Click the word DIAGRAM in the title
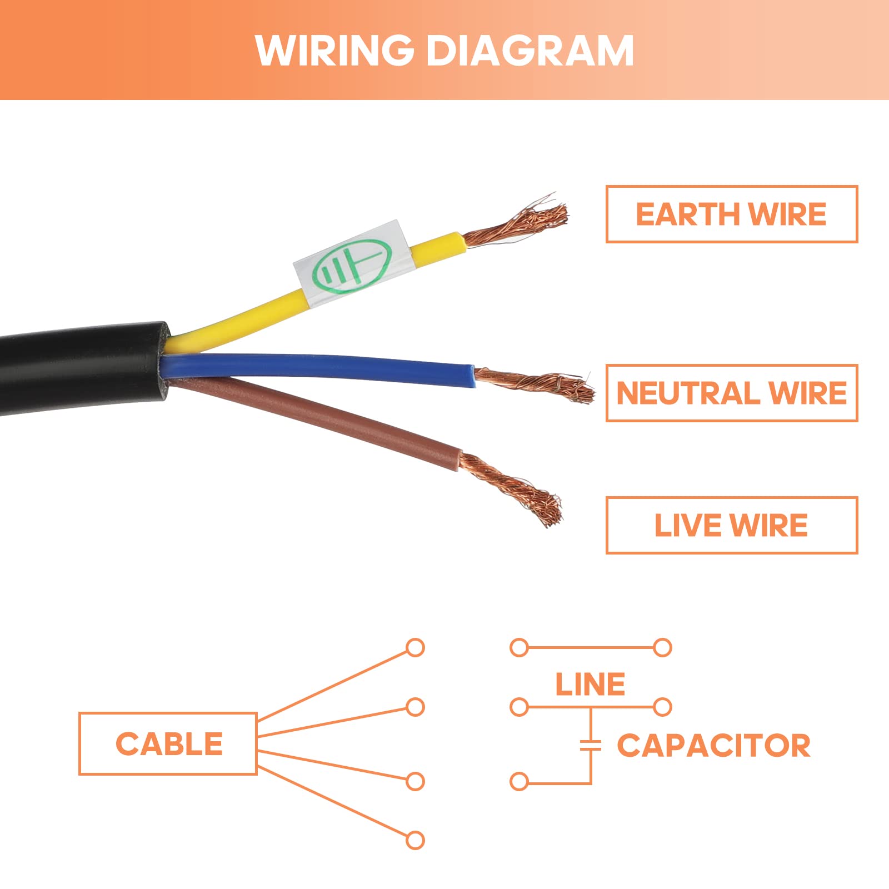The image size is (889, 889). tap(530, 51)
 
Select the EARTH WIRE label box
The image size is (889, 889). tap(732, 214)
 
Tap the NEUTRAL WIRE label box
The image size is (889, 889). tap(732, 393)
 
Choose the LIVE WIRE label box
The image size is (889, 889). tap(732, 526)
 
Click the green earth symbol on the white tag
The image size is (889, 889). tap(351, 266)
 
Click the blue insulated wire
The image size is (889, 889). tap(317, 368)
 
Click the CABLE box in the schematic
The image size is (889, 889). tap(168, 743)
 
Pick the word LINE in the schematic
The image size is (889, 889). tap(590, 684)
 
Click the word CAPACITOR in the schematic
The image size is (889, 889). tap(713, 745)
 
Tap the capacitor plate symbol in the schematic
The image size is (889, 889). tap(591, 746)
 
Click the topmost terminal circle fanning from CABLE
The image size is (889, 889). tap(415, 648)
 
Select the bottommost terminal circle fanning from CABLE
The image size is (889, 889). tap(415, 840)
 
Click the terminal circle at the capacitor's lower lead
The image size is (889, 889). tap(519, 782)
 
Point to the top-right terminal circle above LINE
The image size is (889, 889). tap(662, 648)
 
